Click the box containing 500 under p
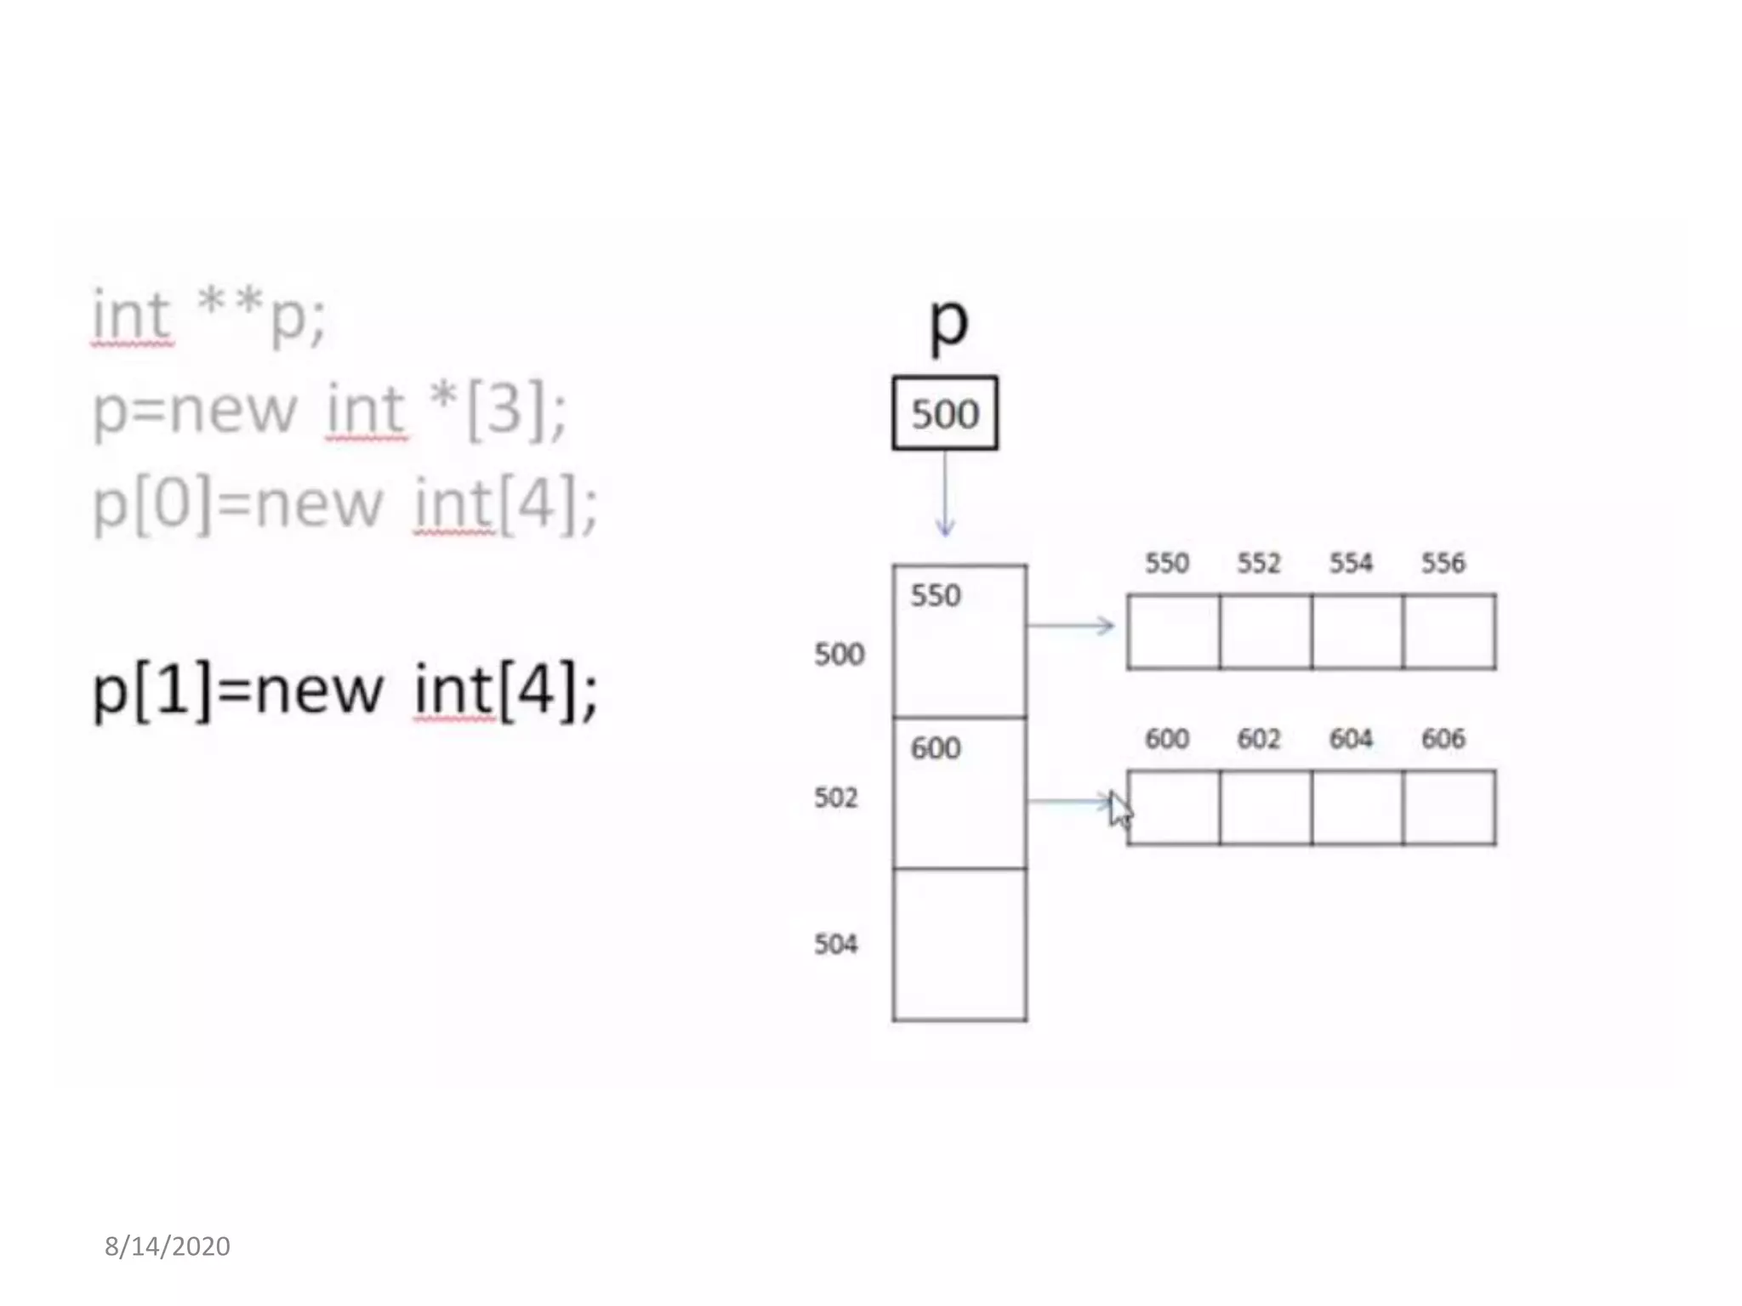(944, 413)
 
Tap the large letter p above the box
(948, 323)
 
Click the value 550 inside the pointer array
(936, 596)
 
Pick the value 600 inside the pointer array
(936, 748)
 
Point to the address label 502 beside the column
(836, 798)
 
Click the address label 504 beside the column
(836, 944)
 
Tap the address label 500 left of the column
(839, 655)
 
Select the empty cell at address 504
(959, 944)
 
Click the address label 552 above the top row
(1259, 563)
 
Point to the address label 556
(1443, 563)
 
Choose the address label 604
(1351, 739)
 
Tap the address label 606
(1443, 739)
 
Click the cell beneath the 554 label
(1357, 632)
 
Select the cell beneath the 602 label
(1265, 808)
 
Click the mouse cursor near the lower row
(1120, 811)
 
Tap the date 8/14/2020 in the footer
(168, 1246)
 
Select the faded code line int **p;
(208, 316)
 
